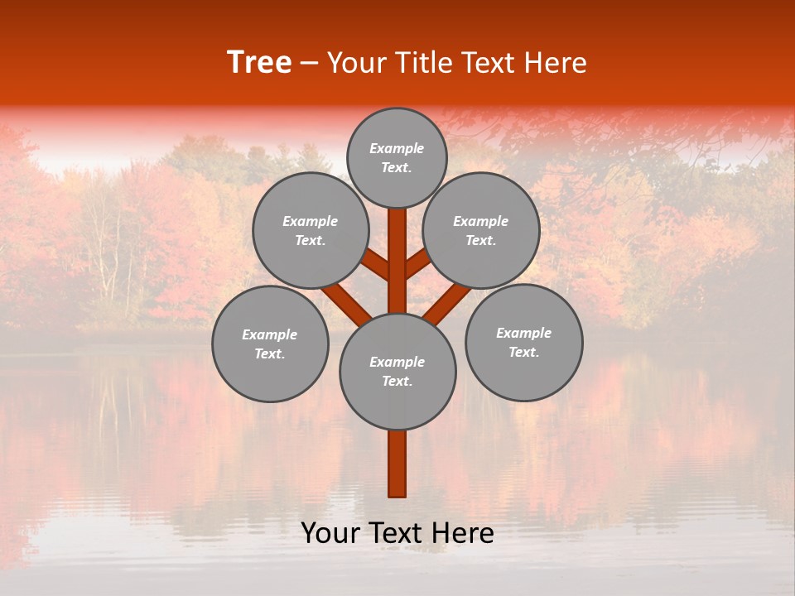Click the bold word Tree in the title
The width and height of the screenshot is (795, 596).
[x=259, y=63]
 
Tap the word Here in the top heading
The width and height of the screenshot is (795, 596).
[x=554, y=63]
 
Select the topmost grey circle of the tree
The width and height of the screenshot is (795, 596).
[x=397, y=157]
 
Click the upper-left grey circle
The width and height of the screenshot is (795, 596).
[x=311, y=230]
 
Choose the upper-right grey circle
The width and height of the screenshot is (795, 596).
[x=481, y=230]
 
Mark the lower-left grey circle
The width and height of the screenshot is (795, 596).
[x=270, y=344]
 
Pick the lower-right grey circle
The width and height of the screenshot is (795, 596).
[x=523, y=342]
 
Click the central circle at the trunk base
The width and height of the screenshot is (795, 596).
[x=397, y=371]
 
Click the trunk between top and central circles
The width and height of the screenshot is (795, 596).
[x=397, y=261]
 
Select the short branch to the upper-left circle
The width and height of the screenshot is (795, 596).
[x=376, y=266]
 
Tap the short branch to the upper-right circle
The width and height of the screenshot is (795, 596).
[x=418, y=264]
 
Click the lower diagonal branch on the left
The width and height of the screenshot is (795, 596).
[x=346, y=304]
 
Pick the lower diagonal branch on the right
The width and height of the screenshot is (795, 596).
[x=448, y=304]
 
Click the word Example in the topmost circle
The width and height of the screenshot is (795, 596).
[x=397, y=148]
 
